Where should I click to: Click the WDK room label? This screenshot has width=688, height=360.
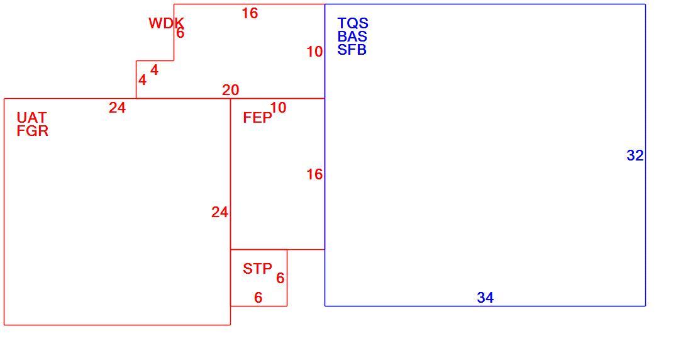click(x=166, y=23)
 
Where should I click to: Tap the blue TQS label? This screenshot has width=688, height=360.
click(x=353, y=23)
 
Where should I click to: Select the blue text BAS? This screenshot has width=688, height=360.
click(x=352, y=37)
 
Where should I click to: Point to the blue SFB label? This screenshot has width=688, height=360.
click(x=352, y=50)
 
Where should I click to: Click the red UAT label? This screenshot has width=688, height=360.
click(x=31, y=118)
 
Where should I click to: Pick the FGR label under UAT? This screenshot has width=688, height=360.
click(x=33, y=131)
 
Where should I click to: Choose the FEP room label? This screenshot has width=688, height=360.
click(x=258, y=118)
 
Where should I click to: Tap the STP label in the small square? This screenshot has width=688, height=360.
click(x=258, y=269)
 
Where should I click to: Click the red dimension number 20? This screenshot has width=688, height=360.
click(x=231, y=90)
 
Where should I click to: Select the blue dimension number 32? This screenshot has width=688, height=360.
click(x=635, y=155)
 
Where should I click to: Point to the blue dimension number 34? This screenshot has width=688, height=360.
click(x=485, y=298)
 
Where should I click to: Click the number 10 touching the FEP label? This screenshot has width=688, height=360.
click(x=278, y=108)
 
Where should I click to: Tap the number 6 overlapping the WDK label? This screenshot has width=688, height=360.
click(x=180, y=33)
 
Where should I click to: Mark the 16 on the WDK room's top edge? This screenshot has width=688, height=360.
click(x=250, y=13)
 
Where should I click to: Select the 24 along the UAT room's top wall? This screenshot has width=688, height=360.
click(x=117, y=108)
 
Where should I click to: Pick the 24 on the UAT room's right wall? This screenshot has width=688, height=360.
click(x=220, y=213)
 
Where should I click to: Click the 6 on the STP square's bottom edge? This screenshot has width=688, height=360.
click(x=258, y=298)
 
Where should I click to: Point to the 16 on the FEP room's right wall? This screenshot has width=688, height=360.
click(x=314, y=175)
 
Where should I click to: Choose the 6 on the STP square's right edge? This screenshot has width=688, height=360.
click(x=280, y=278)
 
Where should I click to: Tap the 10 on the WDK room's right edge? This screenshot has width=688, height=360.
click(x=314, y=52)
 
